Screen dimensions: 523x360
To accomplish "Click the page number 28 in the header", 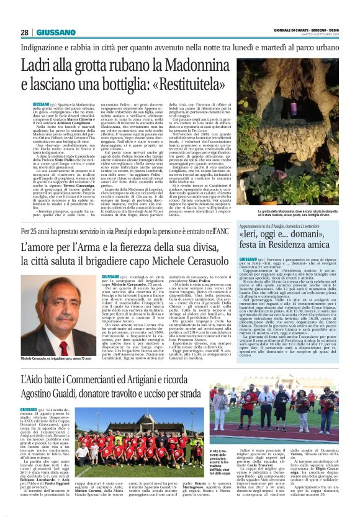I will [x=24, y=32].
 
